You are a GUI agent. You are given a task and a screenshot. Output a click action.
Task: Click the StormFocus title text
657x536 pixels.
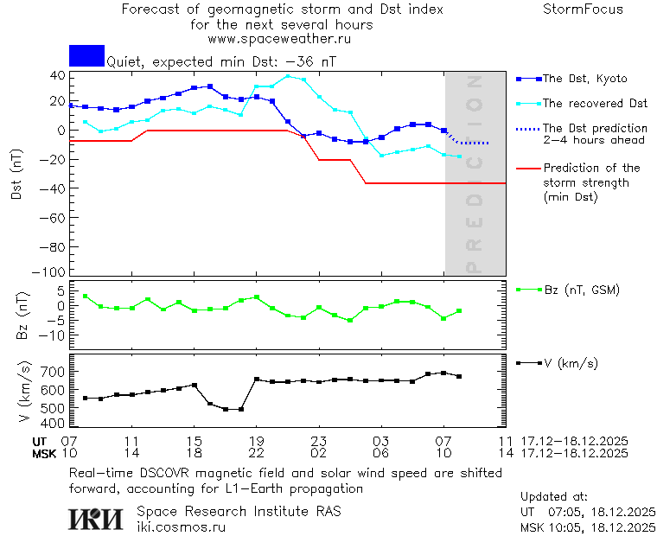[x=583, y=10]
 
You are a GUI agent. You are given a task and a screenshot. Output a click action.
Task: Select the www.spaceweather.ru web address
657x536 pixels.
[x=279, y=39]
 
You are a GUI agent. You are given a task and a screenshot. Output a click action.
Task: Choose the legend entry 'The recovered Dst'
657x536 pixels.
[x=595, y=104]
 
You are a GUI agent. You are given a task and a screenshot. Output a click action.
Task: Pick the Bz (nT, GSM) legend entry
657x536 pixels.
[x=581, y=290]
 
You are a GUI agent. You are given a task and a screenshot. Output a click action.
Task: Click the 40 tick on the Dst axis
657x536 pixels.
[x=57, y=75]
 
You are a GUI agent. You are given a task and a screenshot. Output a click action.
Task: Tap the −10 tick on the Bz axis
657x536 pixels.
[x=53, y=335]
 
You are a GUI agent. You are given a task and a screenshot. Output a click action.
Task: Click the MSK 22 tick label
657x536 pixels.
[x=256, y=453]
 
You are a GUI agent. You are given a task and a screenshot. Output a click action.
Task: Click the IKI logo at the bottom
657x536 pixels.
[x=97, y=519]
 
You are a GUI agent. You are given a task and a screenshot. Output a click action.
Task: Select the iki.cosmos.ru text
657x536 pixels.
[x=181, y=526]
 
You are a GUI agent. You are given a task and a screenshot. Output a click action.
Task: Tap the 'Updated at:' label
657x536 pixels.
[x=553, y=497]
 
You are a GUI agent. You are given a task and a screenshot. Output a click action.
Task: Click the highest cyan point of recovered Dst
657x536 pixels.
[x=289, y=76]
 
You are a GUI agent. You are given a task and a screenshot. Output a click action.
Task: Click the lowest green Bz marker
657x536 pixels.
[x=350, y=321]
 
